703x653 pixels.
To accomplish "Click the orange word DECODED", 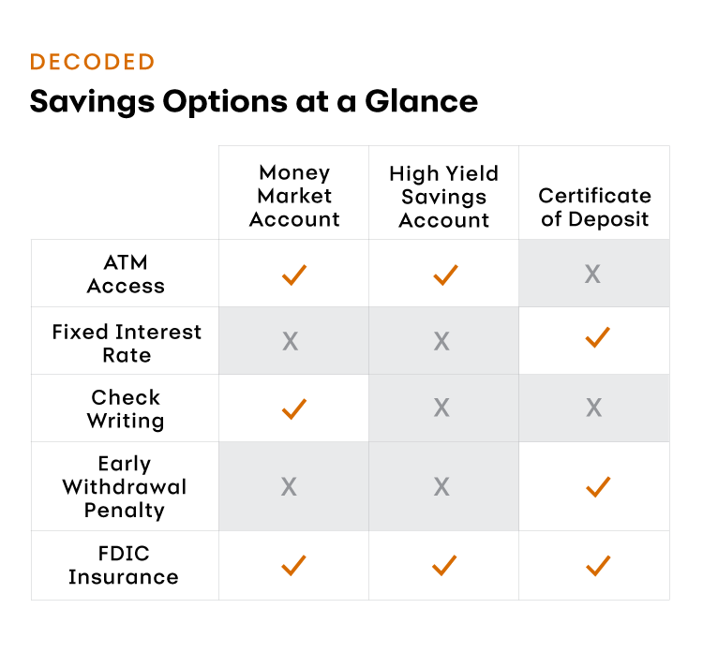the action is click(93, 62).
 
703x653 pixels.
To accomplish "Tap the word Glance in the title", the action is click(422, 101).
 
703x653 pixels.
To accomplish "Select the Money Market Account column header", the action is click(294, 196).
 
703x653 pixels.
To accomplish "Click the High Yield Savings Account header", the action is click(444, 197).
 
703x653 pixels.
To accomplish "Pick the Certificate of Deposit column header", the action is click(594, 207).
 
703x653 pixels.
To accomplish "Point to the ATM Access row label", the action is click(126, 274).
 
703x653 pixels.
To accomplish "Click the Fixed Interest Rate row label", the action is click(127, 343).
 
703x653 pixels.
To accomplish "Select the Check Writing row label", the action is click(126, 408).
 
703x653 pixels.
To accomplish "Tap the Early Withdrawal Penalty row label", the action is click(124, 487).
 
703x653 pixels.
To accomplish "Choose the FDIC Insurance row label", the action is click(124, 565).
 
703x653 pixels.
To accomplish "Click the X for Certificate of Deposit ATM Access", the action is click(592, 274).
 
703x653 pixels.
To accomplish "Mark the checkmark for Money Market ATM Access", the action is click(294, 275).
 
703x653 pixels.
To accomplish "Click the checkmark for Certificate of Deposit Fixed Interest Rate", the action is click(598, 337).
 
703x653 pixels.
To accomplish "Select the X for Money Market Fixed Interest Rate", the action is click(290, 341).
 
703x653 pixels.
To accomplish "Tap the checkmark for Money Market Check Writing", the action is click(294, 408).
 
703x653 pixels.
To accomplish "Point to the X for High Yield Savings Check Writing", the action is click(441, 408).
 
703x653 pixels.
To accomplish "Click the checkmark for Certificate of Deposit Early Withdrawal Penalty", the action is click(598, 487).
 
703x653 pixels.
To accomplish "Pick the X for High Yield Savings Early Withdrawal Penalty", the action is click(441, 487).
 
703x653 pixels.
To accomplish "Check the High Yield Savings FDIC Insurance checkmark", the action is click(444, 565).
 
